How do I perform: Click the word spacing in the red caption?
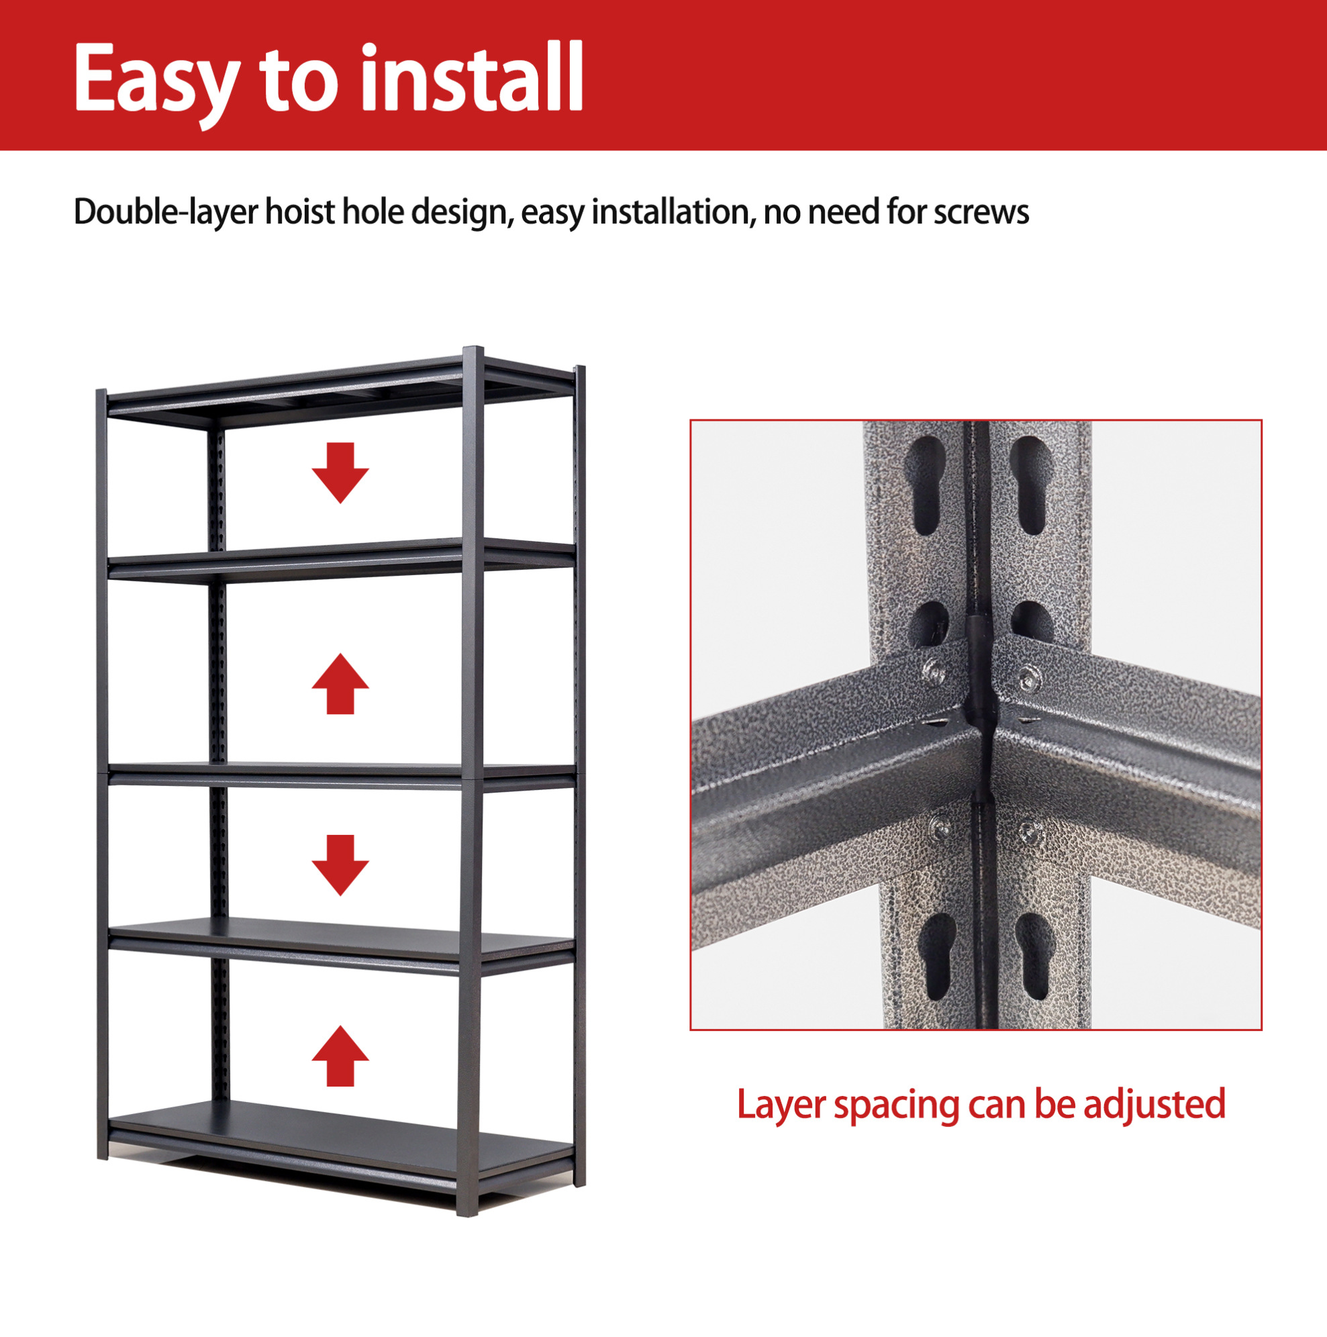[x=897, y=1106]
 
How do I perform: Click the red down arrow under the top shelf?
[x=340, y=473]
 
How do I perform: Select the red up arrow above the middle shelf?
[x=340, y=684]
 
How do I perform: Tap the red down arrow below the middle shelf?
[x=340, y=865]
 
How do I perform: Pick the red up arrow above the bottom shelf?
[x=340, y=1056]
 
